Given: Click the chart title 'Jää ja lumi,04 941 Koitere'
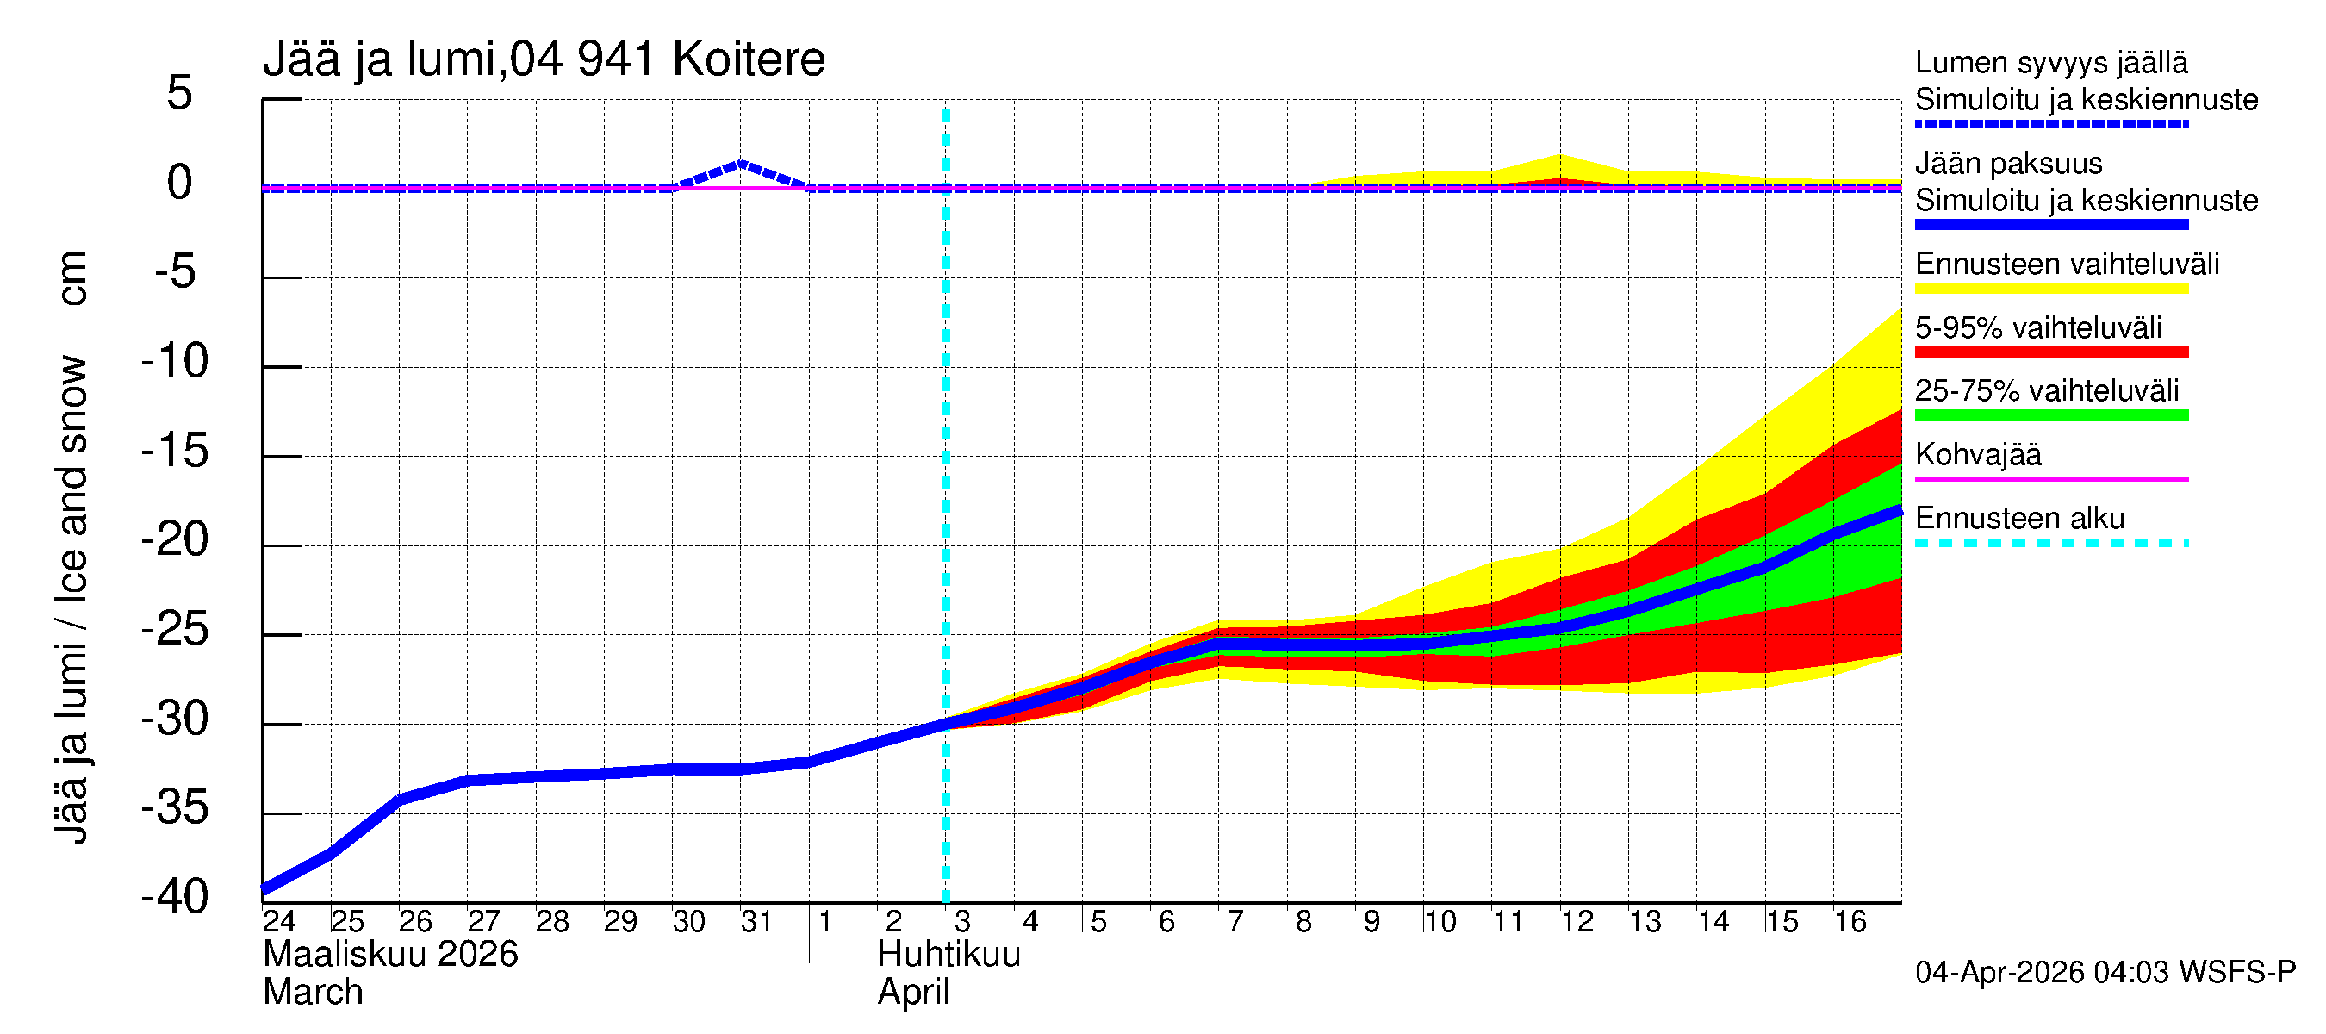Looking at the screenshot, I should click(544, 59).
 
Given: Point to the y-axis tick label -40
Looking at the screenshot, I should click(175, 897).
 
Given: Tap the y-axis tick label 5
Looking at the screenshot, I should click(180, 93).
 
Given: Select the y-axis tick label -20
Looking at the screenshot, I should click(175, 540).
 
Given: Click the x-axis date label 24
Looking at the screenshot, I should click(279, 921).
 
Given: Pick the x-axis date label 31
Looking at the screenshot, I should click(756, 921).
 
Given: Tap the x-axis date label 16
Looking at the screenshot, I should click(1850, 921).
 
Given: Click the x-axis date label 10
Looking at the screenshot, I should click(1440, 921).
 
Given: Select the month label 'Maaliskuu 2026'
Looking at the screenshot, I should click(390, 955).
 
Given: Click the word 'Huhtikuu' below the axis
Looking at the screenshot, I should click(948, 955).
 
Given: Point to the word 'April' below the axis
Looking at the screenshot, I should click(913, 993).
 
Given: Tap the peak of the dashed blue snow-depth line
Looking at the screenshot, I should click(740, 164).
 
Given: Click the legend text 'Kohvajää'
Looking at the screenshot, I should click(1977, 454).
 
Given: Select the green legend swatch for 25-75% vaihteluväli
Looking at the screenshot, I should click(2050, 415).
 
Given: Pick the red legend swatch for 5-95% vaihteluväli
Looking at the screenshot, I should click(2050, 352).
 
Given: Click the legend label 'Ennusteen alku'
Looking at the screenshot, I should click(2019, 519).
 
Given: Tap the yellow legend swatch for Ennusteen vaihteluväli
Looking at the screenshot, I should click(2050, 289).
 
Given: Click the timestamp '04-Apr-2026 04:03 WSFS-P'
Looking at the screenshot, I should click(2105, 973).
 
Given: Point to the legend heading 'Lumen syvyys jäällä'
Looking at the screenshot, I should click(2050, 62).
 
